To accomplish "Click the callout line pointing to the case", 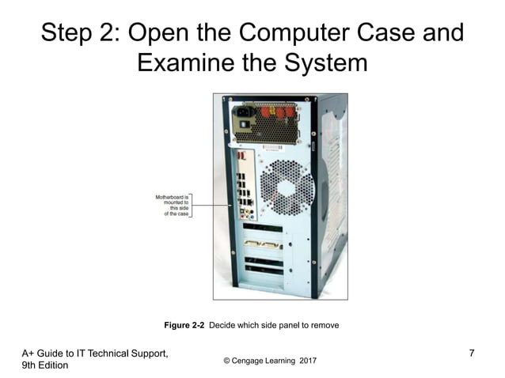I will [213, 204].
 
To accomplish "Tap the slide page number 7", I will [472, 353].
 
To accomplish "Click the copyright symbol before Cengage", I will [227, 361].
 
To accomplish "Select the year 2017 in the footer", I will [306, 361].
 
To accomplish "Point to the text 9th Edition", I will [45, 365].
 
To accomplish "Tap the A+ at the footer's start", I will [28, 353].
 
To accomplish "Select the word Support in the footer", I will [147, 353].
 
